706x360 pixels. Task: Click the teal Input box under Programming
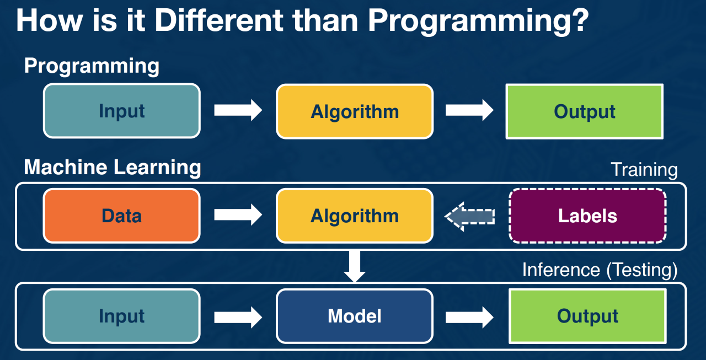coord(121,111)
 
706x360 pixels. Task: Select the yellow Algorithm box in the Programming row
coord(355,111)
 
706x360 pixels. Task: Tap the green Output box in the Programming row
coord(584,111)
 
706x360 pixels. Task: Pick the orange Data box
coord(121,216)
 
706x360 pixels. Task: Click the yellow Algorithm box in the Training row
coord(355,216)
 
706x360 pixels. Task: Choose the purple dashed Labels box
coord(587,216)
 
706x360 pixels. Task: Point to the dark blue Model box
coord(355,316)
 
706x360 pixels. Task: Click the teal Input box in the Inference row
coord(121,316)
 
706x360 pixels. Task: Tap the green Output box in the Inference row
coord(587,316)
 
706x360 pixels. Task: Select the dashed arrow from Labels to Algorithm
coord(469,216)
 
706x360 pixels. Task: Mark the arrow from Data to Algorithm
coord(238,215)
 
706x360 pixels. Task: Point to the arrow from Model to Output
coord(469,316)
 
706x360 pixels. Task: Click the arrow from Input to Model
coord(238,316)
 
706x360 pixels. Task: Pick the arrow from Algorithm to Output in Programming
coord(469,110)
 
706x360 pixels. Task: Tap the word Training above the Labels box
coord(644,170)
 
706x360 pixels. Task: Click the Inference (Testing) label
coord(600,270)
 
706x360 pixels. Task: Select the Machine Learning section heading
coord(113,167)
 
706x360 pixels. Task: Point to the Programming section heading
coord(92,66)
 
